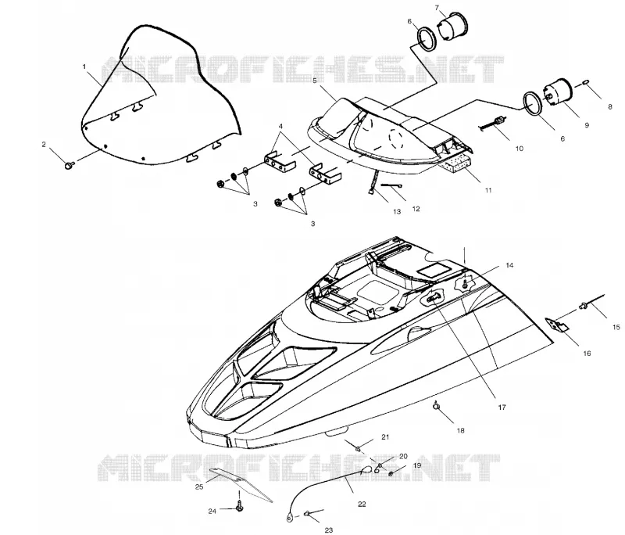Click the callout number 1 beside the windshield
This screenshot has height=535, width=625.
point(84,66)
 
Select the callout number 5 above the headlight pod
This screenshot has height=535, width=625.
point(315,81)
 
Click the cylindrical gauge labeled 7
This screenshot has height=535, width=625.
point(453,27)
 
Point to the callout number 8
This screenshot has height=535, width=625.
point(610,107)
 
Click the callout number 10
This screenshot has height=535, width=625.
point(519,149)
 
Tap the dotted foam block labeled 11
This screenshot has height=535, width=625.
point(455,163)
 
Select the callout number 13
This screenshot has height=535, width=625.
point(397,211)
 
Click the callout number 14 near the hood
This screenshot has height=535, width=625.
point(509,265)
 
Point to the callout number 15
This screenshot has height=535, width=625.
point(616,327)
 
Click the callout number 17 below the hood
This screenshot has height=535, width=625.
point(502,408)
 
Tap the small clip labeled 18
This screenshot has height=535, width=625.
point(437,406)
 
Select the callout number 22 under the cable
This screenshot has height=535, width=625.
point(362,504)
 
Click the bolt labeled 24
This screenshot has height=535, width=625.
point(240,506)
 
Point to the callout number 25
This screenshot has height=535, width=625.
point(199,487)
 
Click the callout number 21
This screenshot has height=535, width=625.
point(385,437)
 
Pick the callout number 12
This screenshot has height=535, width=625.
point(416,209)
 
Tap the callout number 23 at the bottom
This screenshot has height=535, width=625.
point(329,530)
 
